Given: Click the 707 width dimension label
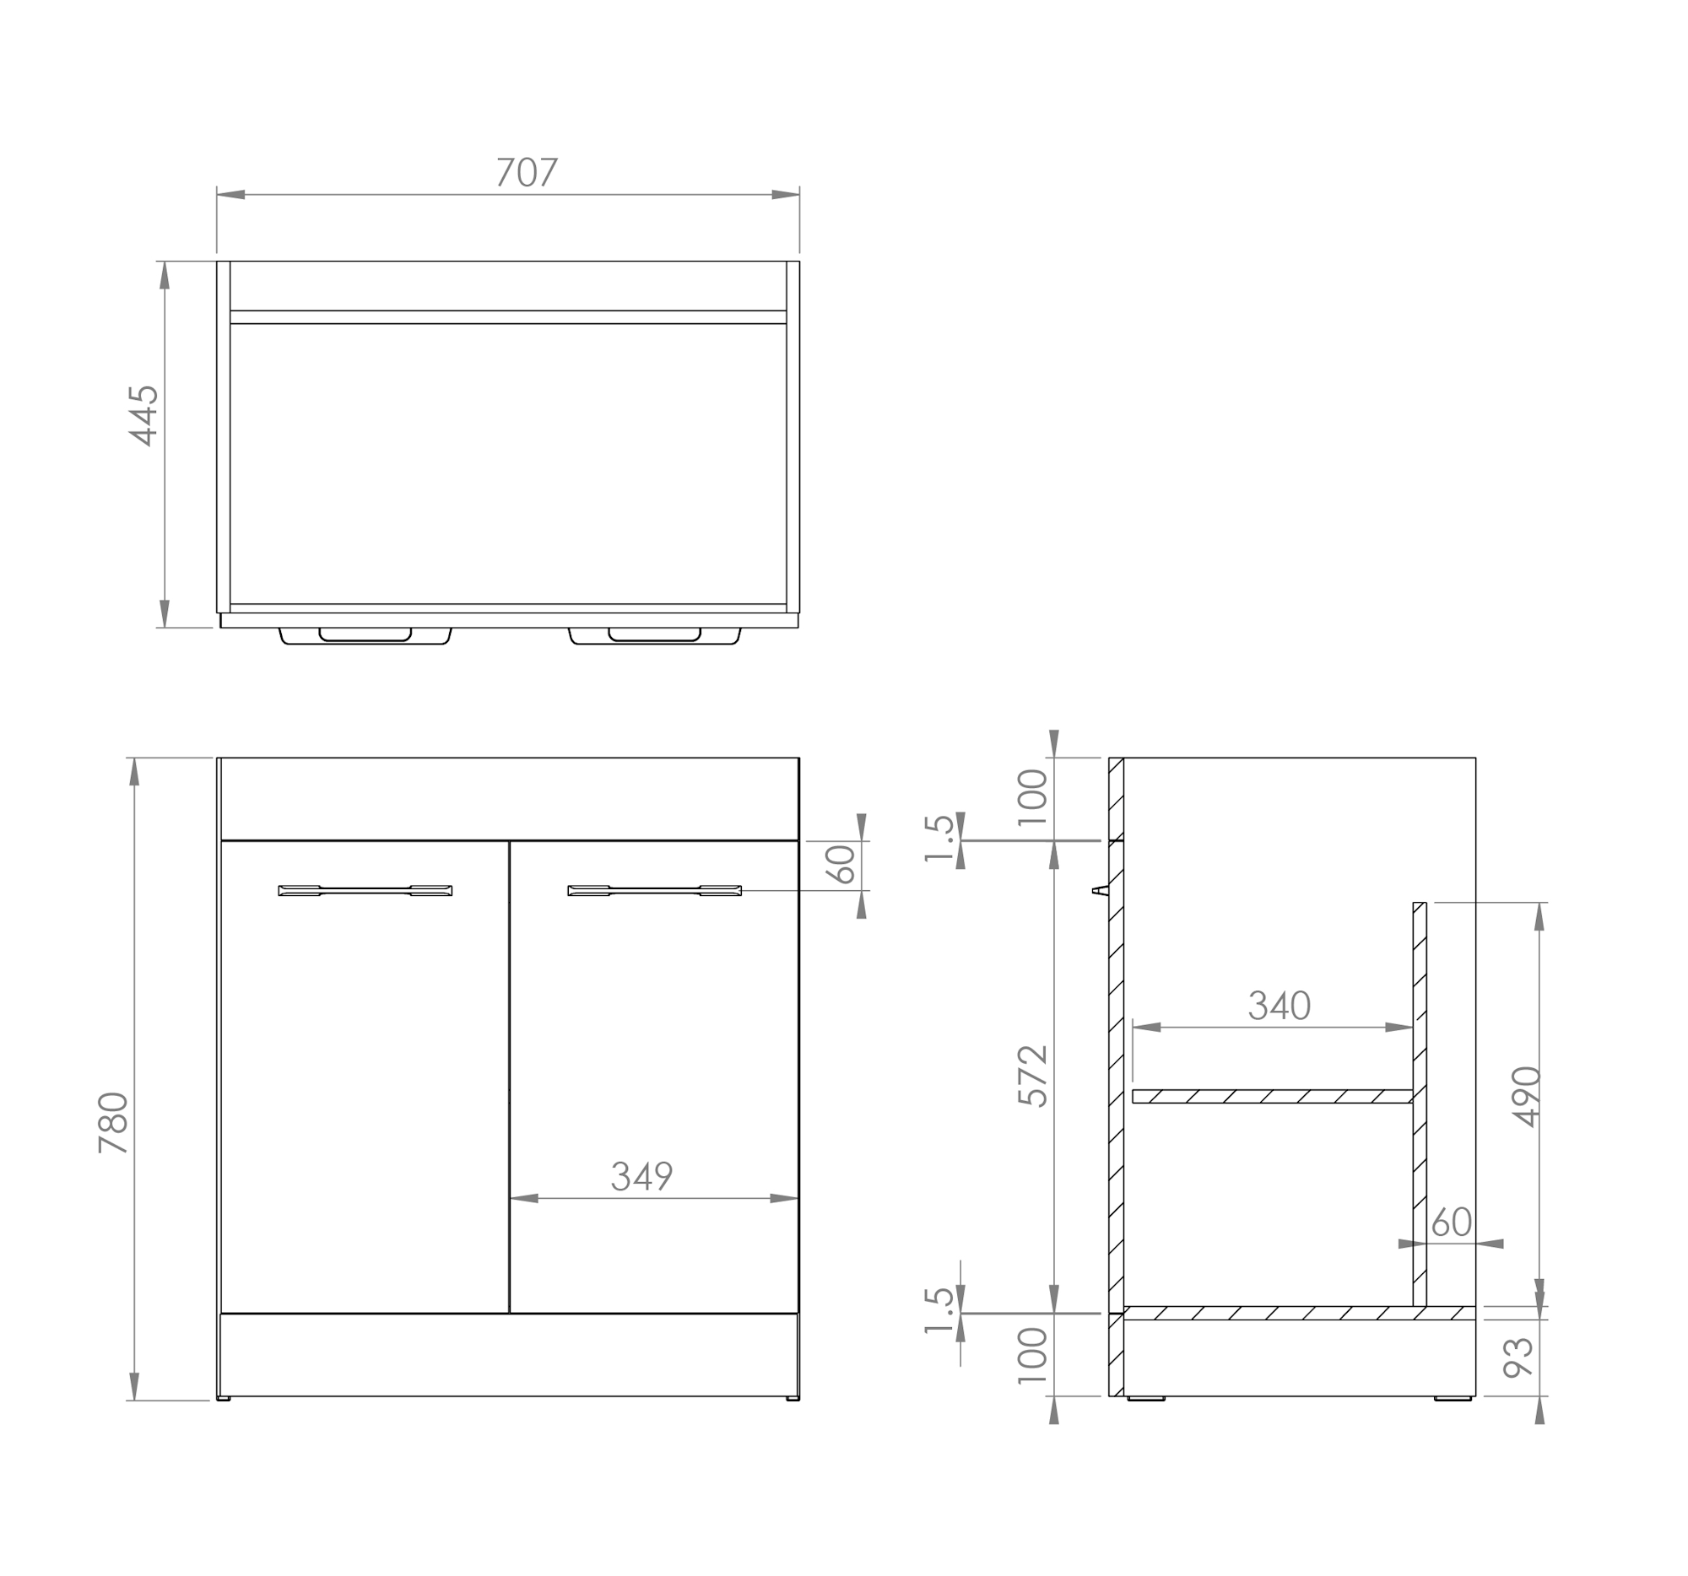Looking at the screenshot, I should (527, 172).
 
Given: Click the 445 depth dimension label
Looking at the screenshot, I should (143, 415).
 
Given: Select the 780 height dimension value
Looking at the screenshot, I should (113, 1122).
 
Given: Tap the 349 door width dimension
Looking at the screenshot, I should (641, 1176).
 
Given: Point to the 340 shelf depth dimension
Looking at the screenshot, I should (1279, 1006).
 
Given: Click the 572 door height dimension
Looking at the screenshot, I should (1032, 1077).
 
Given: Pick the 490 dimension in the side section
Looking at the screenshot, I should (1526, 1097).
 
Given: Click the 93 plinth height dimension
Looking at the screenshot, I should (1518, 1357).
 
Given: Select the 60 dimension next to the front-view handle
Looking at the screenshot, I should (841, 864).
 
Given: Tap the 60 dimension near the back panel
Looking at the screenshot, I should (1452, 1222).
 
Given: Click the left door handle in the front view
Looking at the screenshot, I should (365, 890).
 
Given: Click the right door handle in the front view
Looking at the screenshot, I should (655, 890).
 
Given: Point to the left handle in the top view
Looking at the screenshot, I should (365, 636).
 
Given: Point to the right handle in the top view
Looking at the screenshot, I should (655, 636).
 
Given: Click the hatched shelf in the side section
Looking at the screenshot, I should (1271, 1097).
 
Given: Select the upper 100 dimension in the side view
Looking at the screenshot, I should (1032, 797).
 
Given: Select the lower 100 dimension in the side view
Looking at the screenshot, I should (1032, 1355).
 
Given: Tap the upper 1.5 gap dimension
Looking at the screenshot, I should (939, 839).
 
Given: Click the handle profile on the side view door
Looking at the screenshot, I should (1101, 890).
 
